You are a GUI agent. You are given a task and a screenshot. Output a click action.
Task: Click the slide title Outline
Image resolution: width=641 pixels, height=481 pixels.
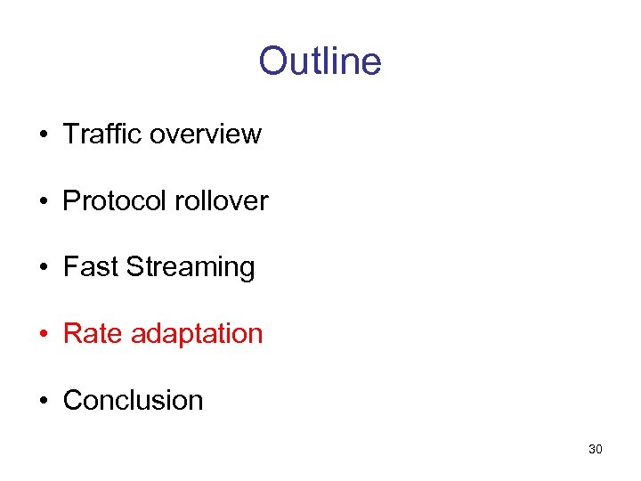point(320,61)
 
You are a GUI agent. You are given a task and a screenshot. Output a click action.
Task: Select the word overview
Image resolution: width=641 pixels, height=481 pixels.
point(206,134)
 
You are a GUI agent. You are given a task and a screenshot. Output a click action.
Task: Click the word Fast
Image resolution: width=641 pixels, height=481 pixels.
point(91,267)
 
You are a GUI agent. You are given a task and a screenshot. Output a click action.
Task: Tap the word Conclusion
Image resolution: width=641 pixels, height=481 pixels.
point(134,400)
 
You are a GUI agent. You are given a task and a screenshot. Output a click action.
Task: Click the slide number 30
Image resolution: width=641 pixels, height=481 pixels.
point(596,449)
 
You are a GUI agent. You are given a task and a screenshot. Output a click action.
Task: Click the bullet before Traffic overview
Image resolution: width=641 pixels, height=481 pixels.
point(43,135)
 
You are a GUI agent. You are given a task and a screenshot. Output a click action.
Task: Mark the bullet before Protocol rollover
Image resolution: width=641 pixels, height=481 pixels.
point(43,201)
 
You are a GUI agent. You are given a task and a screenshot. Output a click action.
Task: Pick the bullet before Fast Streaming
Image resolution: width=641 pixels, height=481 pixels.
point(43,268)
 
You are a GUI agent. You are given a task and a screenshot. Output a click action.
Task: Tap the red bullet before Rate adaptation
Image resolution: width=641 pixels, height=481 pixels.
point(43,334)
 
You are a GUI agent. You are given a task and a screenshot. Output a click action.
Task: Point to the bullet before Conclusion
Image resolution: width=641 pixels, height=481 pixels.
point(43,401)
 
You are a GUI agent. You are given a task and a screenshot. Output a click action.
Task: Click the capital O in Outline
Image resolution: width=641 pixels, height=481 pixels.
point(272,61)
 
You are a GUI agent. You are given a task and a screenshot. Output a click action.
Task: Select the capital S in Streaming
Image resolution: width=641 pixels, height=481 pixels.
point(134,267)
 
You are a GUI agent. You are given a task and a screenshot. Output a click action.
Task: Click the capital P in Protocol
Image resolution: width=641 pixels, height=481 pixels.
point(71,200)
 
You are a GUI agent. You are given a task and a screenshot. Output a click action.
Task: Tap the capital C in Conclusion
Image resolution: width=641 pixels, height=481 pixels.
point(72,400)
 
